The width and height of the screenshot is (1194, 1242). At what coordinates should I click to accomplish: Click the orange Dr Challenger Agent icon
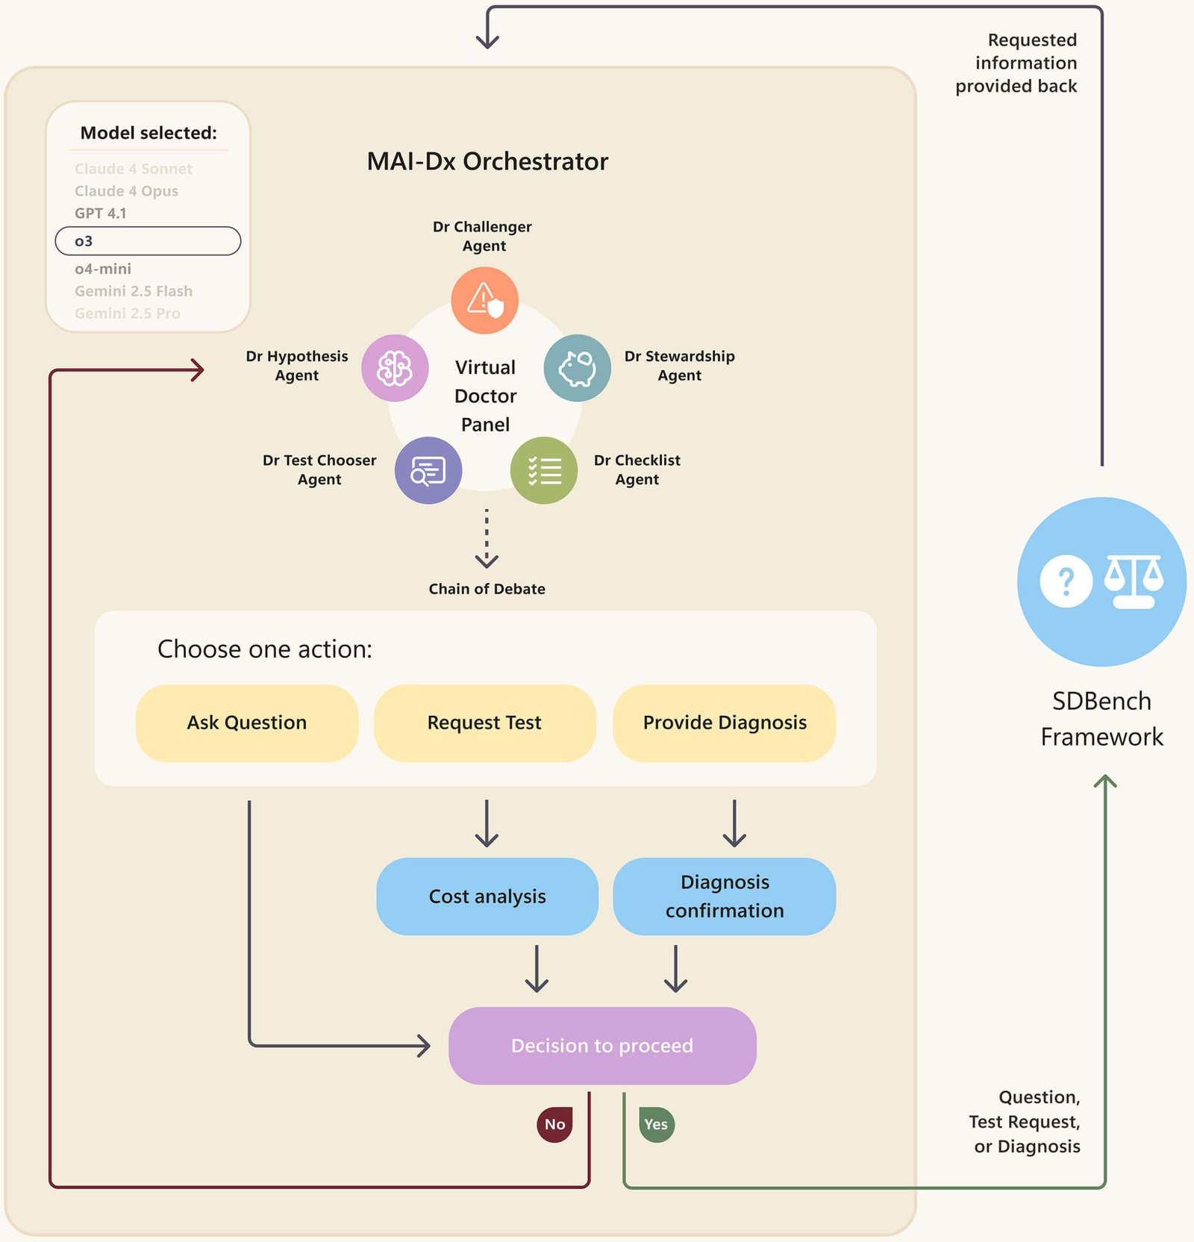(484, 300)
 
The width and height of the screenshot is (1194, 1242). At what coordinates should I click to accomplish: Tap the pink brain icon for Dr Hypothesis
(395, 368)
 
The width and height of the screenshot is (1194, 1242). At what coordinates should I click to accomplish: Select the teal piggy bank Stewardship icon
(577, 368)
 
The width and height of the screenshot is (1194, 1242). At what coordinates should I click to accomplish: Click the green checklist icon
(543, 470)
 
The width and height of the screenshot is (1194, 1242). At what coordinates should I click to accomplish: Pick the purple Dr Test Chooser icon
(428, 470)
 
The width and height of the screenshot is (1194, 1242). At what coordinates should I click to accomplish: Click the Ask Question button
(247, 723)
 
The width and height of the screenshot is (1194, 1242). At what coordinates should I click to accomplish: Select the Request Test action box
(484, 723)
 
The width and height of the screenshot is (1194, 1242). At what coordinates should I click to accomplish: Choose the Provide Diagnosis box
(724, 723)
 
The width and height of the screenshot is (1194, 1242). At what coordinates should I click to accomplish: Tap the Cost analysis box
(487, 896)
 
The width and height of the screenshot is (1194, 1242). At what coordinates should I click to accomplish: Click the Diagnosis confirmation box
(724, 896)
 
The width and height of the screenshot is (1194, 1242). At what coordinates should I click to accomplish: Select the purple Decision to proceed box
(601, 1045)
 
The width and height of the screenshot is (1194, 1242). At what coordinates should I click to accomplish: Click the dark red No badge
(554, 1124)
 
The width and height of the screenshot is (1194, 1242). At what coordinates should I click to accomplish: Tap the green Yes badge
(656, 1124)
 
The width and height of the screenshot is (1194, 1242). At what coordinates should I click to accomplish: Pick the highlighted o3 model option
(148, 241)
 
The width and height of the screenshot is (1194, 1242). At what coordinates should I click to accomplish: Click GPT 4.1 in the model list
(101, 213)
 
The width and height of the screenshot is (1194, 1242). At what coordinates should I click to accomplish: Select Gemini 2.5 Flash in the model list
(134, 291)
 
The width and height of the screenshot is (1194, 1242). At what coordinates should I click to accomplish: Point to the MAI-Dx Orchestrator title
(487, 161)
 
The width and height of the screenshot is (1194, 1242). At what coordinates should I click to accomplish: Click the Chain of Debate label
(487, 589)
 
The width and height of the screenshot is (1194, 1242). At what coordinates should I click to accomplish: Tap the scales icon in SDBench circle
(1134, 581)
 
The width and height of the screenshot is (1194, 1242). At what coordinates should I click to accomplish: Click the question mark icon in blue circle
(1066, 581)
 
